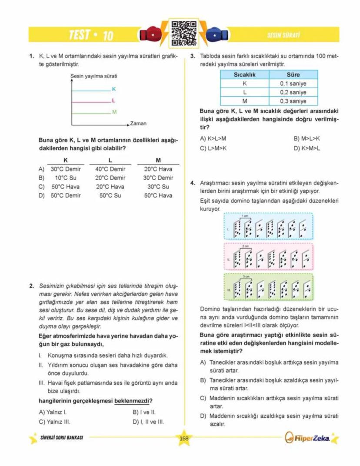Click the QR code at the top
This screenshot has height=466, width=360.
180,33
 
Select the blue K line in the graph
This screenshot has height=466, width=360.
90,90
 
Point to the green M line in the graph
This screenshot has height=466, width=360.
90,113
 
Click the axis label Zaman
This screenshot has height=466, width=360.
138,124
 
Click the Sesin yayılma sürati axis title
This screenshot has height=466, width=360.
93,77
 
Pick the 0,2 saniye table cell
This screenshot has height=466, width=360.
293,93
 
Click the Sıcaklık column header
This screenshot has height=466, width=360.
244,75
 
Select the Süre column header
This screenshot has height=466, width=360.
293,75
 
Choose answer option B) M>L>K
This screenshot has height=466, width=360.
307,138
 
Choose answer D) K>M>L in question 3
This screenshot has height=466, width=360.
307,148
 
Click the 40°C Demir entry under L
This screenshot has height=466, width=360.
110,169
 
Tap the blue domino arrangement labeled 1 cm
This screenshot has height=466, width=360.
268,226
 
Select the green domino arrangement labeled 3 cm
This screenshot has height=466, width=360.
268,288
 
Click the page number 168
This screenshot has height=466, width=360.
183,438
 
